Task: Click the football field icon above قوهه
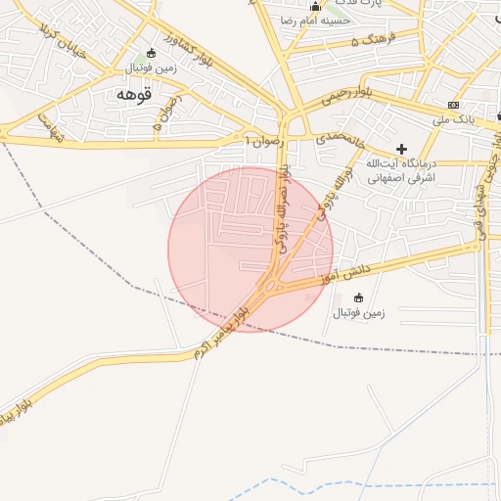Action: [151, 53]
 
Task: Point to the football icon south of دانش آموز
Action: [358, 297]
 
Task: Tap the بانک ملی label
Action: [452, 119]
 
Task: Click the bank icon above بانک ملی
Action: [452, 105]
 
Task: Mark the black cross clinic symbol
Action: [401, 148]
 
